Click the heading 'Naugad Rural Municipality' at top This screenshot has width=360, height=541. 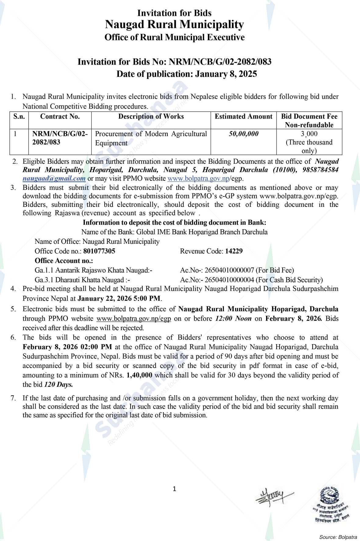174,24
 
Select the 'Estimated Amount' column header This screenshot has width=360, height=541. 243,116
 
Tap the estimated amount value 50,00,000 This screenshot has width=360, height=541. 244,134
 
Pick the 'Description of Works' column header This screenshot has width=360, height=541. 151,116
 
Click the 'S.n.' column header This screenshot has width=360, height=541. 19,116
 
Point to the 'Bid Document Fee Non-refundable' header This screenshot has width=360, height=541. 309,120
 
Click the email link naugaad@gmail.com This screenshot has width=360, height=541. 54,178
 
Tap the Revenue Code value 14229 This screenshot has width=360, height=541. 234,251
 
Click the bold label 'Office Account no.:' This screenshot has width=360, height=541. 64,261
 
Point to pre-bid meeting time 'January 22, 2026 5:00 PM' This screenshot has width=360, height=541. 119,298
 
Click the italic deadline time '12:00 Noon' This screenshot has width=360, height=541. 233,319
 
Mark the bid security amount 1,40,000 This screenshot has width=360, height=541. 139,375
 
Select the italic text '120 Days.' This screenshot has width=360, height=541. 59,384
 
